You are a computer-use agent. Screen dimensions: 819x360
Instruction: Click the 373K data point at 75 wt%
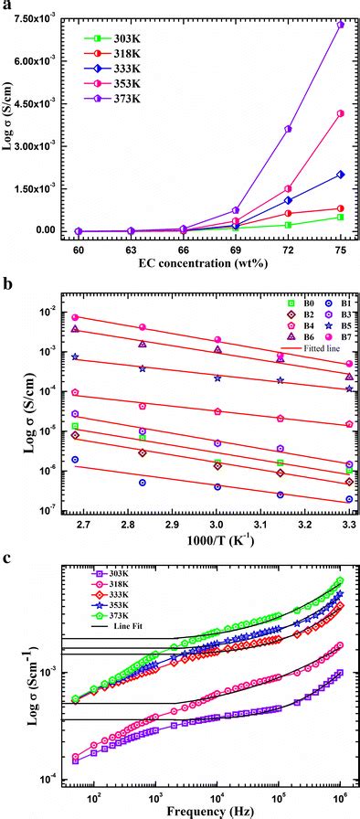point(340,25)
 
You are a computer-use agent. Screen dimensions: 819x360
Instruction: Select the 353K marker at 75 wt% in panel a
point(340,113)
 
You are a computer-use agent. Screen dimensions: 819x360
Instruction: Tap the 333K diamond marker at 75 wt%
point(340,174)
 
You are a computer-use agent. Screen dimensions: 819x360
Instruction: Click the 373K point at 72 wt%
point(288,129)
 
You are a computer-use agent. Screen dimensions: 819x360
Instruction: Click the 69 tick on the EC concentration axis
point(236,249)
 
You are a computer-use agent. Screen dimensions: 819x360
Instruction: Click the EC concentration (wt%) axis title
point(198,265)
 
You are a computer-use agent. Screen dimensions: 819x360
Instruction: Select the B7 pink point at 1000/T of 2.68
point(76,317)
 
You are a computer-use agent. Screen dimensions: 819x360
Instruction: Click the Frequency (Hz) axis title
point(198,810)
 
